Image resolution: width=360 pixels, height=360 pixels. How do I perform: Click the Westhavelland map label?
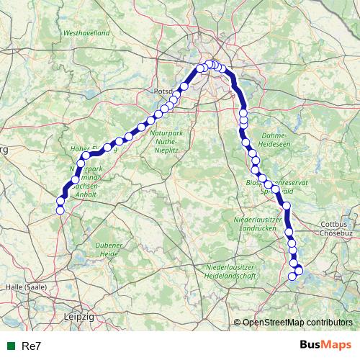click(x=86, y=33)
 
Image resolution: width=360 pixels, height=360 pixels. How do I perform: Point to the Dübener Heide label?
click(x=109, y=250)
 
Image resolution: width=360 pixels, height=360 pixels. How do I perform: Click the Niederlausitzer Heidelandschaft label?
click(x=231, y=271)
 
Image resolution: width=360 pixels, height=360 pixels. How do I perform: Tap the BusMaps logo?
click(x=324, y=345)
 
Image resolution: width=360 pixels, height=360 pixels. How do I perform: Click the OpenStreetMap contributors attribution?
click(x=297, y=323)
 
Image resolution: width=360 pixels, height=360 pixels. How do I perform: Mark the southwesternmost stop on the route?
click(x=60, y=210)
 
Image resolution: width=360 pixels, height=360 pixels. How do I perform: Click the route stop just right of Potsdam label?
click(x=184, y=86)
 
